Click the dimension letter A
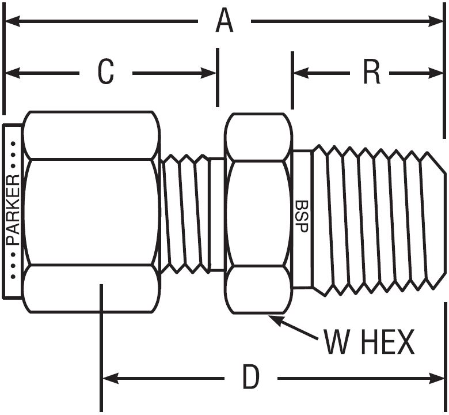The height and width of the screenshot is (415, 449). pos(224,22)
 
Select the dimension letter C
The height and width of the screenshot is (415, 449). pos(105,73)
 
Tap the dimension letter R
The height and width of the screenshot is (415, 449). pos(371,73)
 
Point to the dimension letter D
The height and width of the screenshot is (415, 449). pos(250,379)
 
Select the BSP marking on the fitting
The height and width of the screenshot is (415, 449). pos(300,216)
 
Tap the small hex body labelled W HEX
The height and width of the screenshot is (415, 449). pos(257,213)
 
